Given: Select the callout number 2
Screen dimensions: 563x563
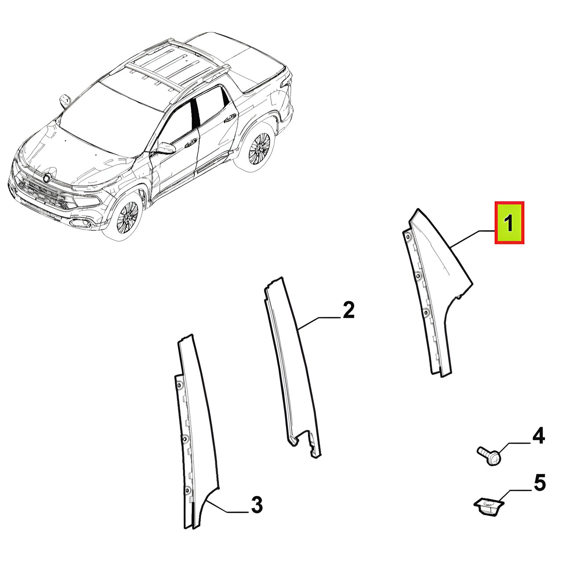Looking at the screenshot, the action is pyautogui.click(x=348, y=310).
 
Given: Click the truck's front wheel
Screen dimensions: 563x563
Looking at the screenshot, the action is pyautogui.click(x=128, y=216).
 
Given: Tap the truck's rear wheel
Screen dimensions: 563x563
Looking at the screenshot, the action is pyautogui.click(x=259, y=147).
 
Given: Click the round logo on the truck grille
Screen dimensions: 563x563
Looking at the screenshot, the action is pyautogui.click(x=48, y=177).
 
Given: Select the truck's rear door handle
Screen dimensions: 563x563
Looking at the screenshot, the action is pyautogui.click(x=230, y=118).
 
